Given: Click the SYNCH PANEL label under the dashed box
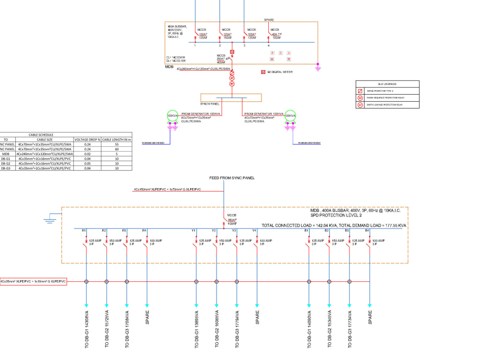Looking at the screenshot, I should [210, 103].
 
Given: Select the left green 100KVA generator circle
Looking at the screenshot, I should [171, 116].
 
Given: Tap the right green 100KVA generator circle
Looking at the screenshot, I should [290, 116].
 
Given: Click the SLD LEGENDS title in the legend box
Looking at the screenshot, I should [387, 84].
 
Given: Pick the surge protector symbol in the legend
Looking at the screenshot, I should [359, 91].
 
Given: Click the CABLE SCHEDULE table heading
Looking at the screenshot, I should [41, 135].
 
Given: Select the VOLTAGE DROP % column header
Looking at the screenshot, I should [87, 139].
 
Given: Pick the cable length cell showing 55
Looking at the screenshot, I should [117, 144].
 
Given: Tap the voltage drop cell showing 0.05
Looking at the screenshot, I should [87, 163].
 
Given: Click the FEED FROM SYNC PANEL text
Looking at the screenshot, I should [232, 178].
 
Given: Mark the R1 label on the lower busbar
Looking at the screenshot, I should [84, 231].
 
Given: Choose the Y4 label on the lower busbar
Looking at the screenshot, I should [255, 231].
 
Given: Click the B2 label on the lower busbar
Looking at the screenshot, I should [326, 231].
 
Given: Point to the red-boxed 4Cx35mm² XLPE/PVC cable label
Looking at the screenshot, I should [33, 281].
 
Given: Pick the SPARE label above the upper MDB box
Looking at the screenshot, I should [269, 20].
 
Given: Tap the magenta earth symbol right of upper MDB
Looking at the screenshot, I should [318, 67].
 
